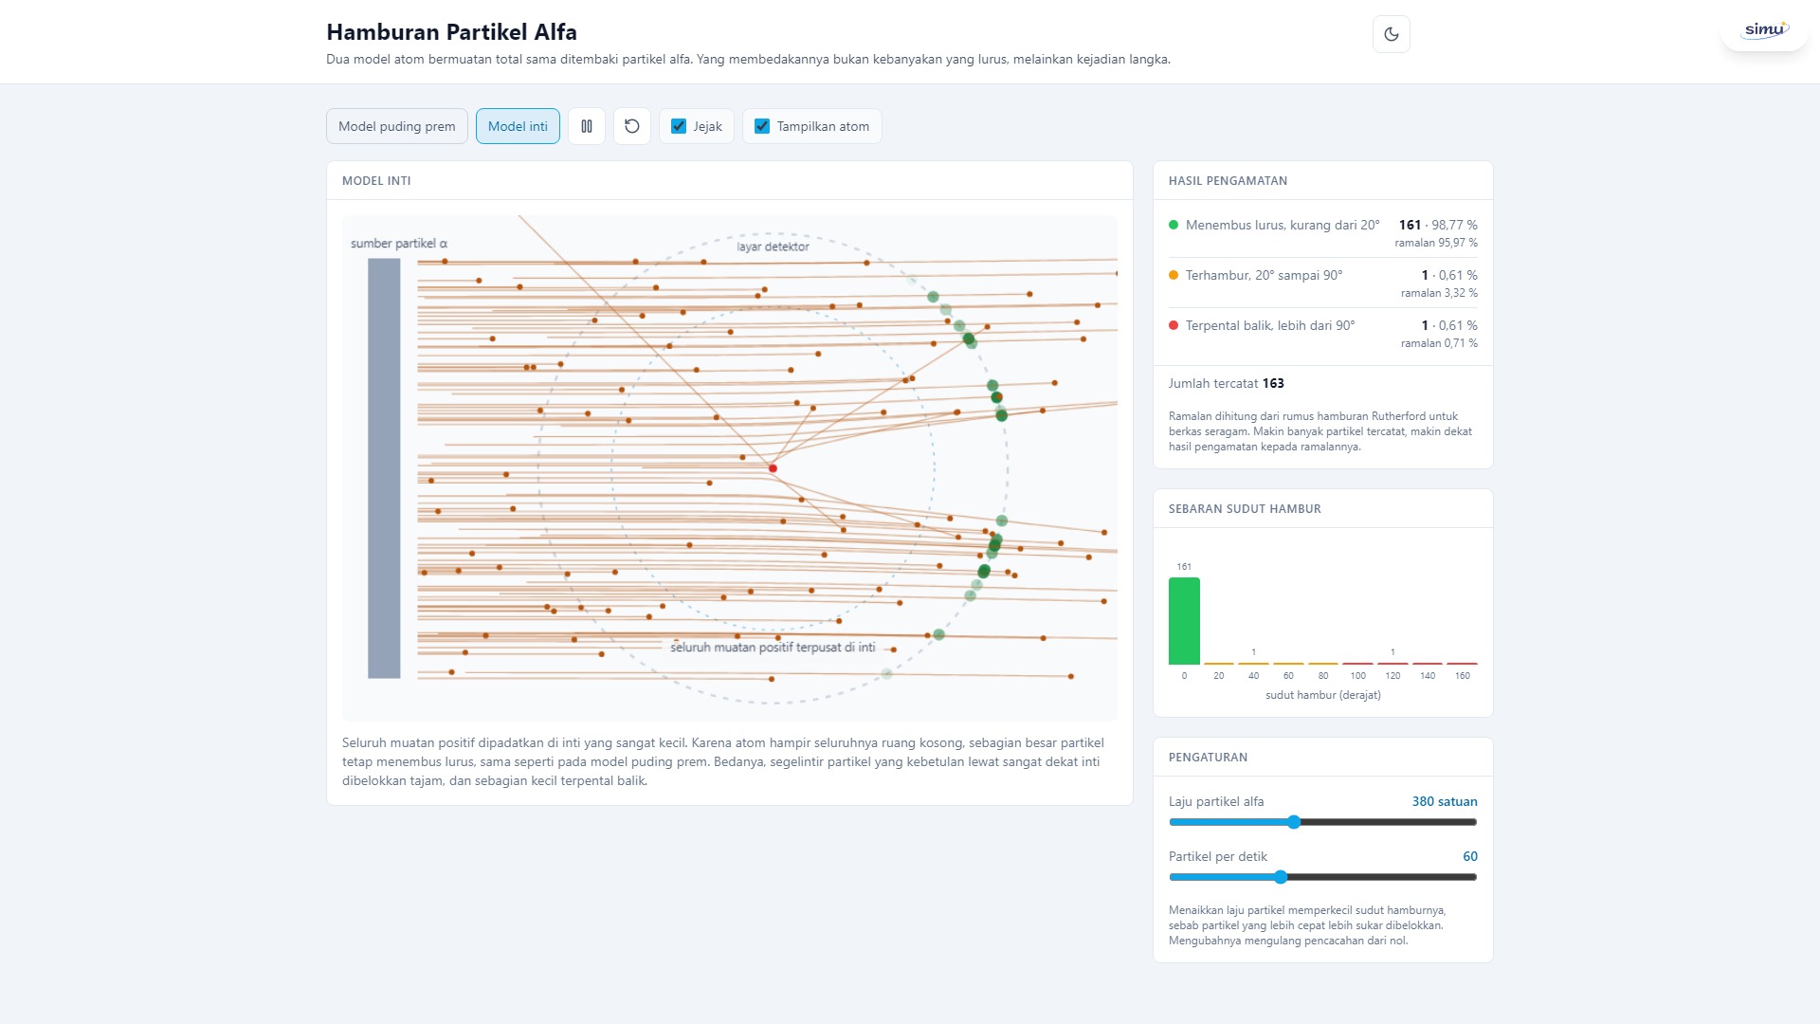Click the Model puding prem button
(x=396, y=126)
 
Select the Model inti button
(x=518, y=126)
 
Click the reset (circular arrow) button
(x=632, y=126)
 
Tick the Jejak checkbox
(x=679, y=126)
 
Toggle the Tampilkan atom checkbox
(x=762, y=126)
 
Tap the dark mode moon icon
(x=1392, y=34)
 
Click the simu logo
(x=1765, y=30)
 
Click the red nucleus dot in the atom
(x=773, y=468)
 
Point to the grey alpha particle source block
(x=384, y=468)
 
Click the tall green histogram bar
(x=1184, y=621)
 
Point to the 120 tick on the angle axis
(x=1392, y=676)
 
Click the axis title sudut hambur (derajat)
(x=1323, y=695)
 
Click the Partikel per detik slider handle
(x=1281, y=877)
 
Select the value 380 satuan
(x=1445, y=801)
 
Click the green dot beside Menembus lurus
(x=1174, y=225)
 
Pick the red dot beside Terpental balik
(x=1174, y=325)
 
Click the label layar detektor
(x=773, y=247)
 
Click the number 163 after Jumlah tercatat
(x=1273, y=383)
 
